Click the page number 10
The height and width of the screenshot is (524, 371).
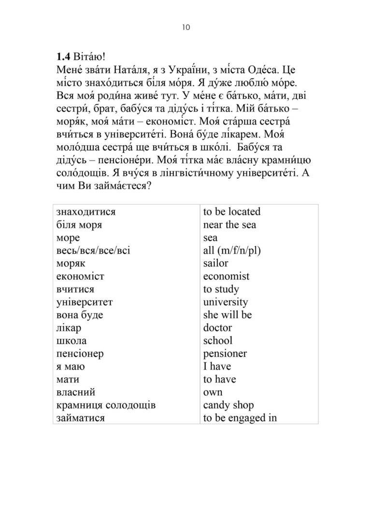click(186, 27)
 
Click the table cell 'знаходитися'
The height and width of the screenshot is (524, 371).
click(86, 212)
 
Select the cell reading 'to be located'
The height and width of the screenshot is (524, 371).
click(232, 212)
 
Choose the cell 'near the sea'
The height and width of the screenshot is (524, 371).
click(229, 225)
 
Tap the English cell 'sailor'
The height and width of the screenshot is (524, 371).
click(215, 263)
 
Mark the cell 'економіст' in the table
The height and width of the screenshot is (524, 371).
click(80, 276)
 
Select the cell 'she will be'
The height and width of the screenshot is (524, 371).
click(228, 315)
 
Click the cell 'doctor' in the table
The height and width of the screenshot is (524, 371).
click(217, 328)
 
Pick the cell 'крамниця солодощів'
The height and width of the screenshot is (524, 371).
click(106, 405)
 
